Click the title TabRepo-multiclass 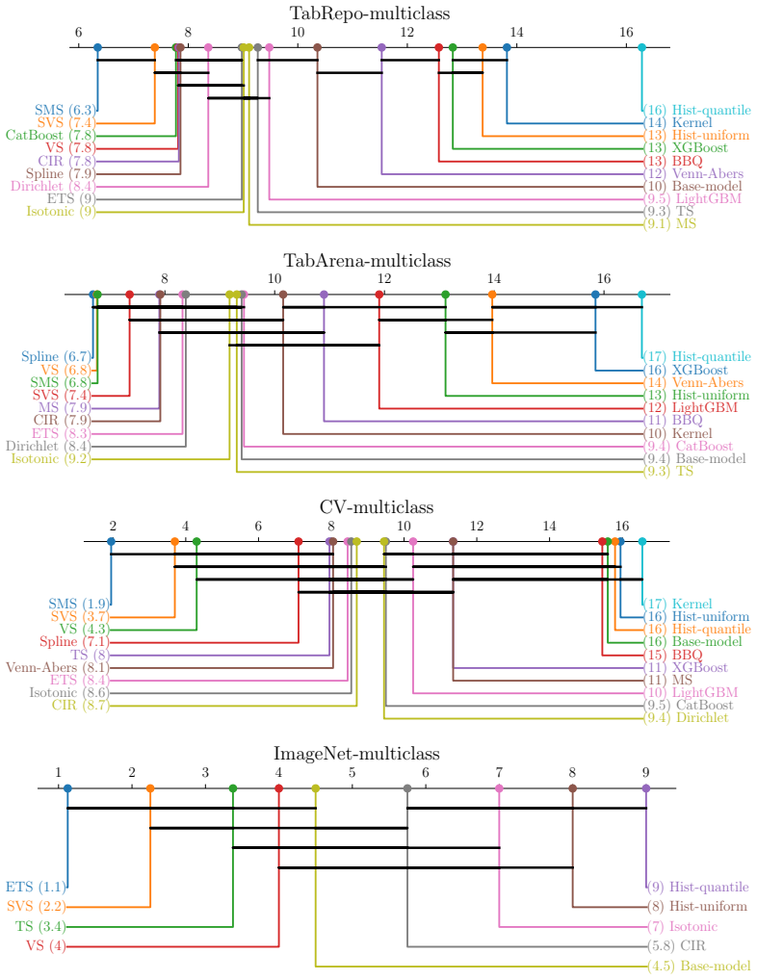tap(370, 13)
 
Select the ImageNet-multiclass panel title tap(356, 754)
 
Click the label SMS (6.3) tap(65, 111)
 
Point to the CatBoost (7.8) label tap(50, 136)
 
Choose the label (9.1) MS tap(670, 223)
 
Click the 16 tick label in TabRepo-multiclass tap(626, 32)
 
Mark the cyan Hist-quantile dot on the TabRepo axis tap(642, 47)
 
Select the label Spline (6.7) tap(57, 357)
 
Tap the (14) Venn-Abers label tap(693, 382)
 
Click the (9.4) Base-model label tap(695, 459)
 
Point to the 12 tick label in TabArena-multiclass tap(384, 279)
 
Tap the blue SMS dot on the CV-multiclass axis tap(112, 541)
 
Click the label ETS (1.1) tap(36, 887)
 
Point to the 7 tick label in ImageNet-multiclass tap(499, 773)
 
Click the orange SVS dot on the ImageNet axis tap(150, 788)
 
